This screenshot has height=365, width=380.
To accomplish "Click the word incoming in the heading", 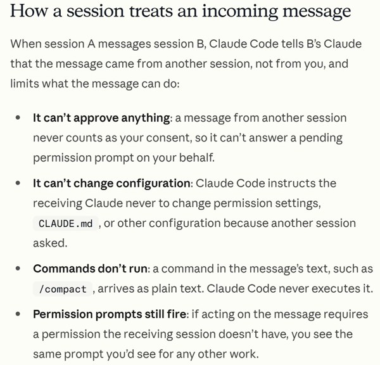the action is (x=240, y=11).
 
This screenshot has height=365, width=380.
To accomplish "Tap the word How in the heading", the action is (x=28, y=11).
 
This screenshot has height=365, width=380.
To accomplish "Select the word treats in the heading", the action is (x=151, y=11).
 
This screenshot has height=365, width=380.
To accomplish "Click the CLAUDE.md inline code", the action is (x=65, y=223).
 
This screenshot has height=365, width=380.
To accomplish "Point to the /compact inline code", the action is (x=63, y=289).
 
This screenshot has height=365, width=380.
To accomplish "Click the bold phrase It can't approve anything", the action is (x=101, y=118).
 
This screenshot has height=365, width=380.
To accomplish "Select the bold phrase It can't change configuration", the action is (x=111, y=183).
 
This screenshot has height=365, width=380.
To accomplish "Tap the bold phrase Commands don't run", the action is (x=90, y=269).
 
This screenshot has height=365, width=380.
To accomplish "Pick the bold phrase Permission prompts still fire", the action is (x=110, y=314).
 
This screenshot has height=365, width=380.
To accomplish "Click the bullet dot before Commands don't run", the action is (x=18, y=269).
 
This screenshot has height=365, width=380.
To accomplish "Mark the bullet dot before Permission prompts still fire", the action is (x=18, y=314).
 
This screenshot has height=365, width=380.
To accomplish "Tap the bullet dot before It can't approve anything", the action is (x=18, y=118).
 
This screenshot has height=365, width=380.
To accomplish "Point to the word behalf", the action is (x=197, y=158).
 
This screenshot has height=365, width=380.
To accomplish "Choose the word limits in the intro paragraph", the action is (x=24, y=84).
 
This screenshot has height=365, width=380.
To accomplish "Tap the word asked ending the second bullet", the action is (x=50, y=243).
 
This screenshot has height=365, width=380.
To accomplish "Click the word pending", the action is (x=320, y=138).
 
